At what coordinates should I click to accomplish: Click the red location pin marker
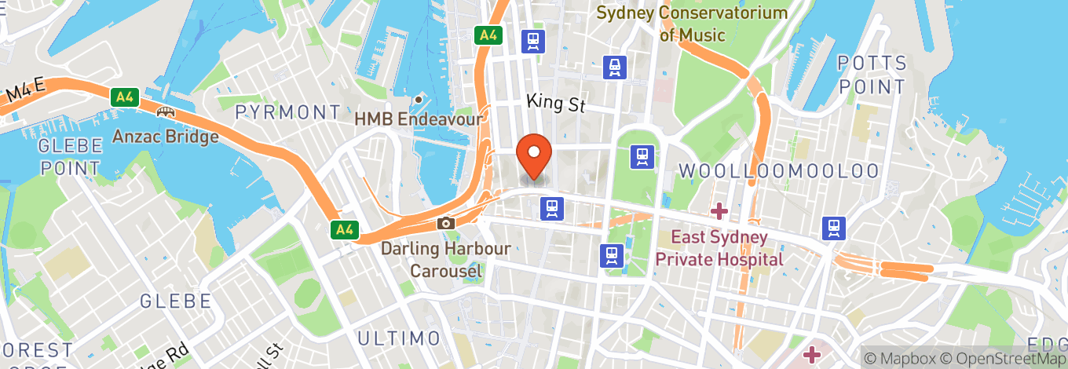(534, 155)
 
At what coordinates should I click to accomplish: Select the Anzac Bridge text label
(165, 137)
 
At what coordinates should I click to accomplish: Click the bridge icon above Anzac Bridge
(165, 112)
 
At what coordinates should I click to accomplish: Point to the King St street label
(556, 102)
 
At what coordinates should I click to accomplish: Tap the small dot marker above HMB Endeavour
(419, 100)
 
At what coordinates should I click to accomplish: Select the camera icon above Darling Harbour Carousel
(446, 223)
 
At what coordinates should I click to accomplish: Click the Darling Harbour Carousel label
(445, 260)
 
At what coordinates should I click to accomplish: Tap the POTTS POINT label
(872, 75)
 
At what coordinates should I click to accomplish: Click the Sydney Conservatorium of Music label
(692, 24)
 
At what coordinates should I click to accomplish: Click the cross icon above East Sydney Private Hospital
(719, 210)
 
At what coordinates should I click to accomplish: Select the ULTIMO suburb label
(399, 338)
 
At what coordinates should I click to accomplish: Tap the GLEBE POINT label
(71, 156)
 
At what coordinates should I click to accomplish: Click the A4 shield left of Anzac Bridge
(123, 97)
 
